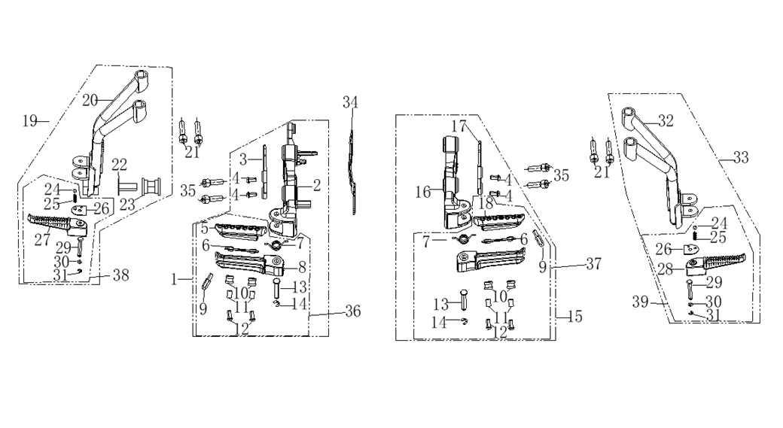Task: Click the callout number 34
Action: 350,102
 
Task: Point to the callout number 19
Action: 30,120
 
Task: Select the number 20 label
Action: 90,100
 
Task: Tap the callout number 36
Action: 352,311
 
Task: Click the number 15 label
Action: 574,316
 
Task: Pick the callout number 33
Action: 741,158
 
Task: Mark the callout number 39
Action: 640,302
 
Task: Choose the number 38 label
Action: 121,275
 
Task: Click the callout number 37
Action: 593,263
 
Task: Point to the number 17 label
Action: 459,126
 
